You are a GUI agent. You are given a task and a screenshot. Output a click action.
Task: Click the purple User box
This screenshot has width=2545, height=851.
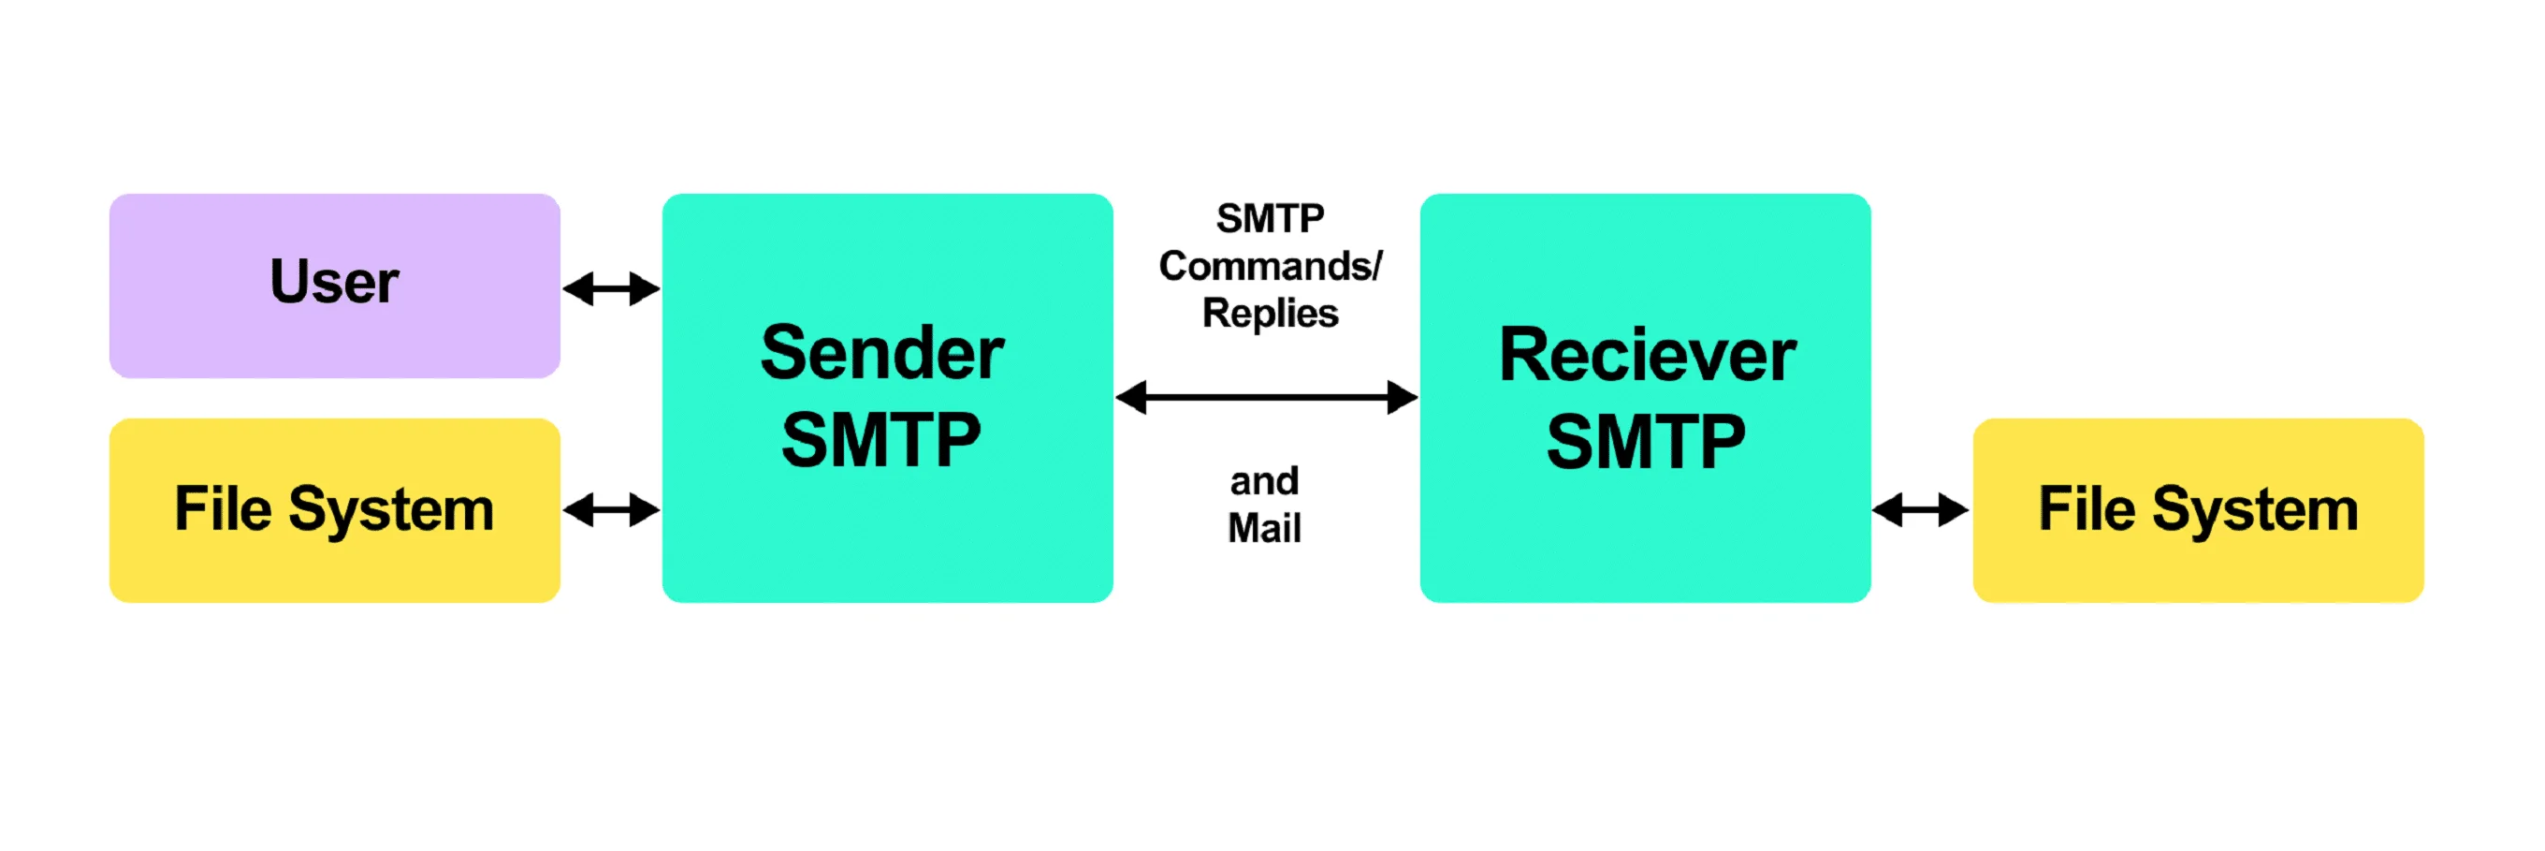[334, 285]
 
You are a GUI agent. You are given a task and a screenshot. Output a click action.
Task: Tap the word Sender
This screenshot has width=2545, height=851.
[881, 353]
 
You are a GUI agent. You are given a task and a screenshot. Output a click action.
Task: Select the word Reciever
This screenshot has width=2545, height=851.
[1647, 355]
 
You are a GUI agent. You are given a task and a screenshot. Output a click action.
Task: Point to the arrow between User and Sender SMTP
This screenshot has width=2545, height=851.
[611, 289]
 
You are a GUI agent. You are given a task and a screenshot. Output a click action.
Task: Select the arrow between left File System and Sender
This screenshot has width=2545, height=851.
[611, 510]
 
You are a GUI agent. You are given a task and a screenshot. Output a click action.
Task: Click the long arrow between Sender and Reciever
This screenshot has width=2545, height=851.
[1267, 397]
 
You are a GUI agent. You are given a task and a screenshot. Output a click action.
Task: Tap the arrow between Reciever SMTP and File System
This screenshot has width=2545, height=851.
[1920, 510]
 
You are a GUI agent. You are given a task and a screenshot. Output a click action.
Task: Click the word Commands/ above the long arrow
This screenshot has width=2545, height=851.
[1270, 266]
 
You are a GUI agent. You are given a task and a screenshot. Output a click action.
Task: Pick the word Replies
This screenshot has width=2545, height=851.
[1270, 314]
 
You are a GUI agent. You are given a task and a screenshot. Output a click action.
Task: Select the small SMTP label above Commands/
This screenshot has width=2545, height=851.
[1270, 218]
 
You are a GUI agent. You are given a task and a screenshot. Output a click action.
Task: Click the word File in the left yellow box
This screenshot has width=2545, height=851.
[223, 509]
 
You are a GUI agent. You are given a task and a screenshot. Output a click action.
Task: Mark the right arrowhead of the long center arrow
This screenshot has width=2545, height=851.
[1403, 397]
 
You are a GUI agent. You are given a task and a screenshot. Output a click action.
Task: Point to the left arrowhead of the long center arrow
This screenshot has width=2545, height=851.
[1132, 397]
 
